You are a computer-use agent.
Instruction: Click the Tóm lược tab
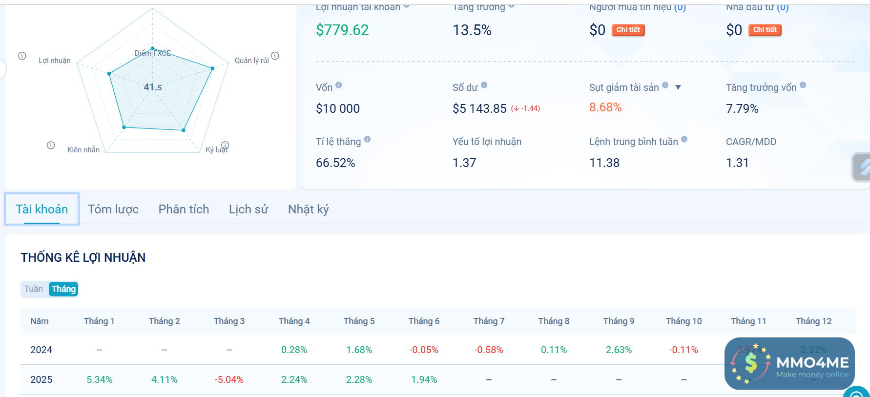point(113,209)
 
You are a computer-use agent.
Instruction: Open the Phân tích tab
point(184,209)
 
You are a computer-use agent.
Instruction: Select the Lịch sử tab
point(249,209)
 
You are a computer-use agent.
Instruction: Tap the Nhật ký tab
point(308,209)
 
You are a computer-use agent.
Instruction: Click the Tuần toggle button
point(34,289)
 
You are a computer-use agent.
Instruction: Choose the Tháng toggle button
point(63,289)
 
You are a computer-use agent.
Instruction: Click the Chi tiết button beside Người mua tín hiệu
point(628,30)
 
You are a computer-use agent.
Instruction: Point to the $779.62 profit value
point(342,30)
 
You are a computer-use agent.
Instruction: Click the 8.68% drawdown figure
point(605,107)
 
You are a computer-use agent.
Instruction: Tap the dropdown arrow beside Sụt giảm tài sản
point(678,87)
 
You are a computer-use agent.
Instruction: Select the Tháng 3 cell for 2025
point(229,379)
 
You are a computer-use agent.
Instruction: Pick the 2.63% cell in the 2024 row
point(619,350)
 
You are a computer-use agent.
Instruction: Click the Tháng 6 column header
point(424,321)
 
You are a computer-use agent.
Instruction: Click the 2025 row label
point(41,379)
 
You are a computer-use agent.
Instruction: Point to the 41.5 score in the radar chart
point(153,87)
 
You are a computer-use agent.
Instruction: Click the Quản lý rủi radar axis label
point(251,61)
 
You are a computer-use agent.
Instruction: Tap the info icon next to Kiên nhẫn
point(51,145)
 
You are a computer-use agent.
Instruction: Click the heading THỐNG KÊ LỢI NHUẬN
point(83,257)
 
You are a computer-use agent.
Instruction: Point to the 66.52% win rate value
point(335,163)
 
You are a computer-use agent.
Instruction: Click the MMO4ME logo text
point(812,362)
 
